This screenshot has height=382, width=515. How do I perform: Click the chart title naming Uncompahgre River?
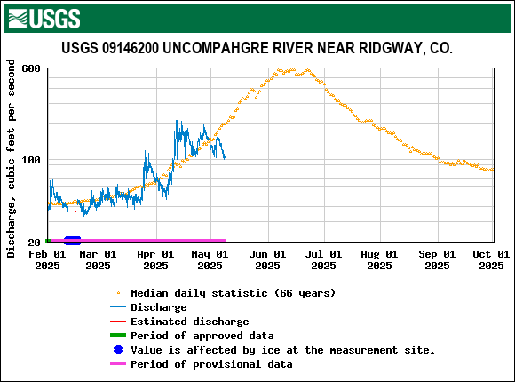click(x=257, y=48)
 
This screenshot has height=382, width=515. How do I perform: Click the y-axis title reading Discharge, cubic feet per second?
click(x=12, y=158)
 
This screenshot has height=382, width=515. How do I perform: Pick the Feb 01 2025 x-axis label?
click(x=47, y=259)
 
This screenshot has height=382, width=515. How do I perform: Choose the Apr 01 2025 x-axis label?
click(x=155, y=259)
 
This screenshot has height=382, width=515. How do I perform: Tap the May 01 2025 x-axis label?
click(x=210, y=259)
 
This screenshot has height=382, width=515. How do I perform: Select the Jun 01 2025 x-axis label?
click(x=267, y=259)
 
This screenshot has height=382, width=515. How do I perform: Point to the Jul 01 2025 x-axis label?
click(x=323, y=259)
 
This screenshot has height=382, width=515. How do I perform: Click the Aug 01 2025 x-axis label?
click(x=380, y=259)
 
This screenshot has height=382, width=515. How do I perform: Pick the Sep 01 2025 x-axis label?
click(x=437, y=259)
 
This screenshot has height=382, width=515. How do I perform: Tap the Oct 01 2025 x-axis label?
click(x=491, y=259)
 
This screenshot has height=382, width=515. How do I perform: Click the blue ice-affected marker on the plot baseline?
click(x=72, y=240)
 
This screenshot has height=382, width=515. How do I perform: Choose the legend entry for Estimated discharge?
click(x=189, y=322)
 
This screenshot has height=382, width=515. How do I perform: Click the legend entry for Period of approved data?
click(x=202, y=336)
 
